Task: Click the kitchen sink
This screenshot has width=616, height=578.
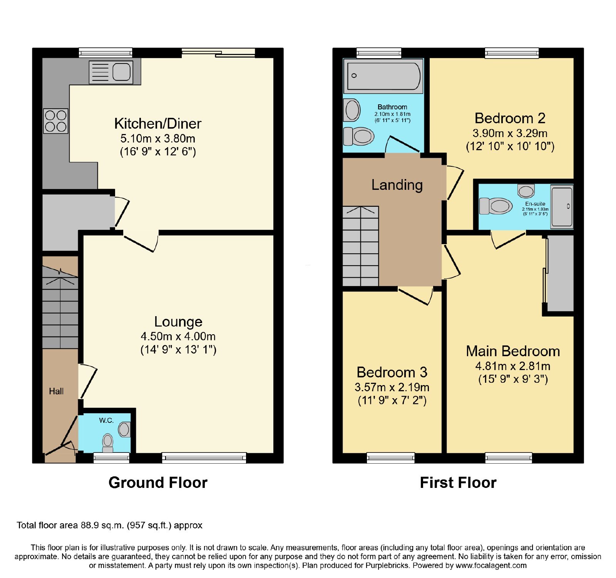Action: pos(111,72)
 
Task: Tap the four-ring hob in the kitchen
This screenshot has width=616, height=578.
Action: pos(56,121)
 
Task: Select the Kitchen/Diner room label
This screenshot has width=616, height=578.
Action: pos(158,124)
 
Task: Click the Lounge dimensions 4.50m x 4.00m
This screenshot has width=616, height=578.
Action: pos(178,336)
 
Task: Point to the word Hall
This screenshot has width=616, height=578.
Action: pos(56,391)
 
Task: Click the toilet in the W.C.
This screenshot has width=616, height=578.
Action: pos(108,443)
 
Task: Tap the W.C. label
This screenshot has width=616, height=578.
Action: pos(106,420)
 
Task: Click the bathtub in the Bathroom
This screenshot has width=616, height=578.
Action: pos(383,76)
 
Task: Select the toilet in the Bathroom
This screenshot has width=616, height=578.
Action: pos(358,136)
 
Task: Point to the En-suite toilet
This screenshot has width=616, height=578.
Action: pos(496,206)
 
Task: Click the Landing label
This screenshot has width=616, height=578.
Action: pos(397,185)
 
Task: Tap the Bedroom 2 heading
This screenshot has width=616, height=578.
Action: pos(510,118)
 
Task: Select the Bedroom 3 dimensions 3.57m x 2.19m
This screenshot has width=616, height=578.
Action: pos(392,387)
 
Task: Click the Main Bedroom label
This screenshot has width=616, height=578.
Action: pos(513,351)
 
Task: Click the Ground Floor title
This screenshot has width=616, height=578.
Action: pos(158,483)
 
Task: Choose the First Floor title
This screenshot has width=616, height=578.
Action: pos(458,483)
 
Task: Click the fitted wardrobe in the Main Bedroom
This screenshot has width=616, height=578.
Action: pos(560,273)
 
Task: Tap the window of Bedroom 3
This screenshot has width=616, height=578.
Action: pos(391,457)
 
